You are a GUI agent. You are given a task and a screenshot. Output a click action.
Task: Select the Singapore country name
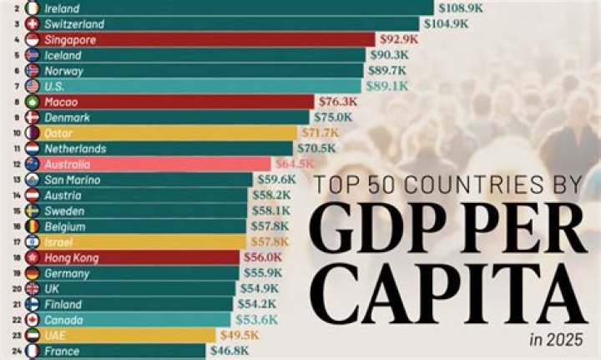70,39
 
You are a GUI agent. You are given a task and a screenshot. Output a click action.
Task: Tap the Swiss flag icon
33,23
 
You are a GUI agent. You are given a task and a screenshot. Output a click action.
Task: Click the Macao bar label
62,101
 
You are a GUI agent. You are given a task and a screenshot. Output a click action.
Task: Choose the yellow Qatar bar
167,132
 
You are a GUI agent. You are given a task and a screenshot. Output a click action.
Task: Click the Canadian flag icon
33,320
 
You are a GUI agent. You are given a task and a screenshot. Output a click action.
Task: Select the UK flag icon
33,289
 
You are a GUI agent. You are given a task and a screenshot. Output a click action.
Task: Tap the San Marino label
73,180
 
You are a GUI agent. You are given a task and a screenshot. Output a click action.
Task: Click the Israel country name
59,242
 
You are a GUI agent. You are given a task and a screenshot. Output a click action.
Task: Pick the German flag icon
33,273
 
